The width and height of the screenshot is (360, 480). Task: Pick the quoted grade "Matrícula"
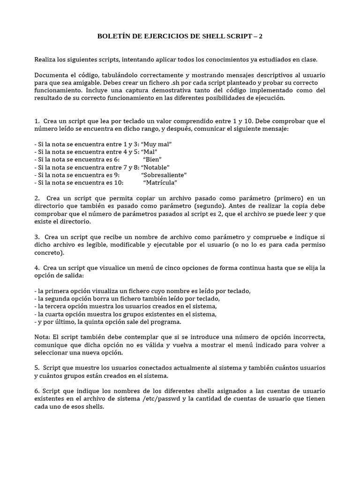click(x=160, y=182)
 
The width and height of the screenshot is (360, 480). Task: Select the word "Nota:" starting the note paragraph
click(x=43, y=337)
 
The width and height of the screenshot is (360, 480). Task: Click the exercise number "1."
click(x=37, y=121)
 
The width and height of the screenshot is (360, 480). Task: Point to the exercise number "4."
click(x=37, y=268)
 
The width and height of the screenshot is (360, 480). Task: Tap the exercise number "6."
click(x=37, y=391)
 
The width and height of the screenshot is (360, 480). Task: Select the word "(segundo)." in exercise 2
click(x=206, y=206)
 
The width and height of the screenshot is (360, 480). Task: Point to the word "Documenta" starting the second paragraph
click(x=50, y=75)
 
